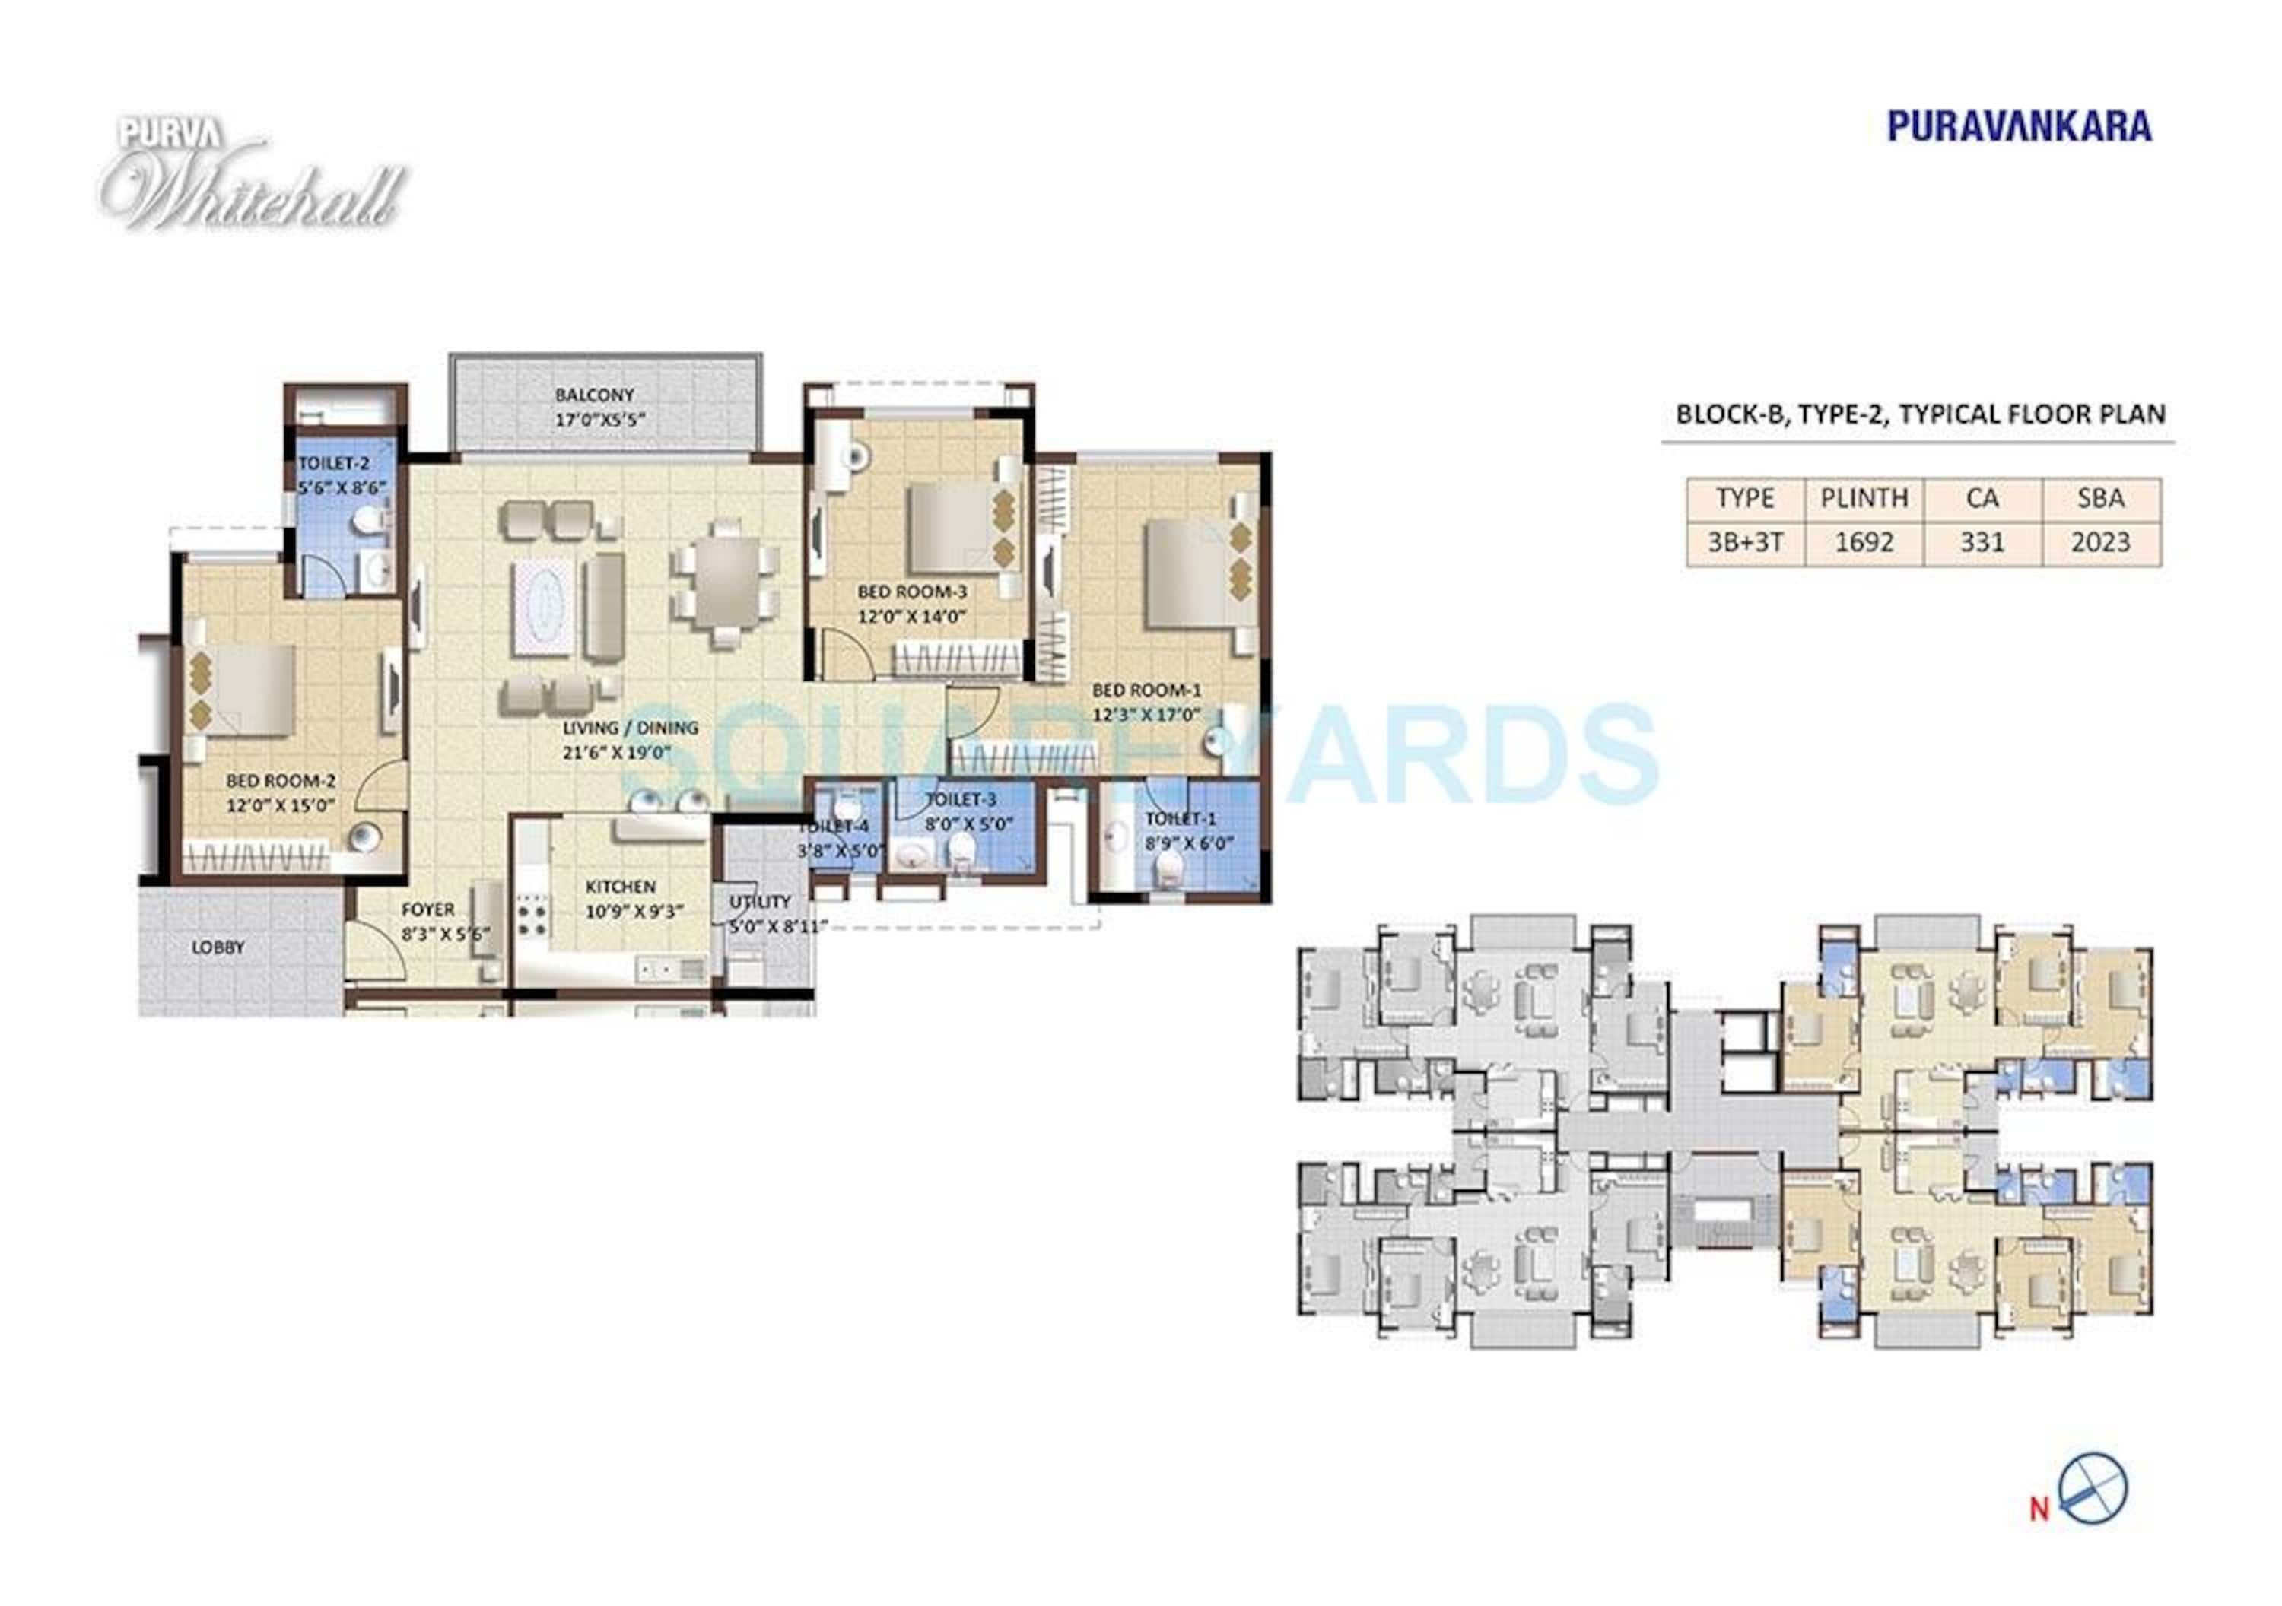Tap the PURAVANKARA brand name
coord(2019,126)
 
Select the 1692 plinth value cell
coord(1864,543)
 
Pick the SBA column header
coord(2100,498)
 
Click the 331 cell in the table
coord(1982,543)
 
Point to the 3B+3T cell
coord(1744,543)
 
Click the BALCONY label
coord(594,395)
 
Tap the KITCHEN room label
coord(620,887)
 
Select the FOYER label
coord(428,909)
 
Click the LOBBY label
coord(218,947)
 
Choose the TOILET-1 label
coord(1180,819)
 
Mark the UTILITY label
coord(761,901)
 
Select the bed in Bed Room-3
coord(951,528)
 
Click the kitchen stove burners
coord(532,917)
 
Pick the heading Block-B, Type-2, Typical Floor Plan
coord(1920,414)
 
